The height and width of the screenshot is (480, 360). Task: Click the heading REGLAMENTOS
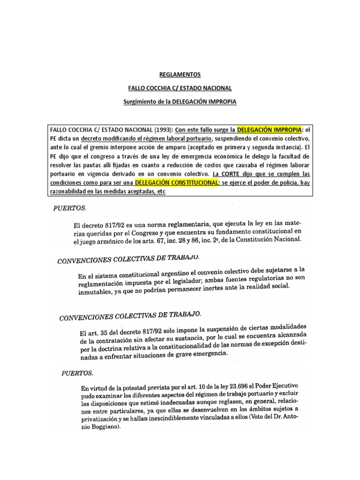[x=180, y=75]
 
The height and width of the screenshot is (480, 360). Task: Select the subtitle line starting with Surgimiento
[x=180, y=101]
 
